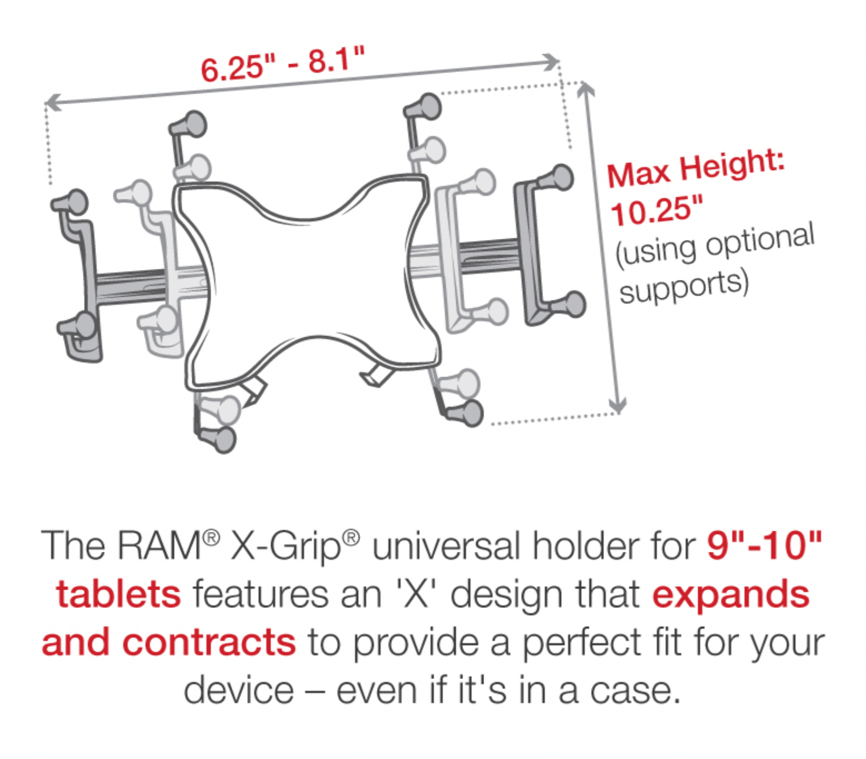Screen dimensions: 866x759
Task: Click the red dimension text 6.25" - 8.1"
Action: [x=282, y=64]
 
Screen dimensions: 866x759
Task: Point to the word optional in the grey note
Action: [x=760, y=242]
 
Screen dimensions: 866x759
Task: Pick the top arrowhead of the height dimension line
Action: [x=585, y=89]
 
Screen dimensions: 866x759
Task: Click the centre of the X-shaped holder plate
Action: [x=307, y=280]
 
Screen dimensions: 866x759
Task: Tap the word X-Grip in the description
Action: [x=285, y=547]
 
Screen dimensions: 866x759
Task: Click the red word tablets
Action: [x=118, y=594]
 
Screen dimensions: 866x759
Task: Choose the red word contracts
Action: [x=209, y=642]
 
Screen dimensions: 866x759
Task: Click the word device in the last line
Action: [x=238, y=690]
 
